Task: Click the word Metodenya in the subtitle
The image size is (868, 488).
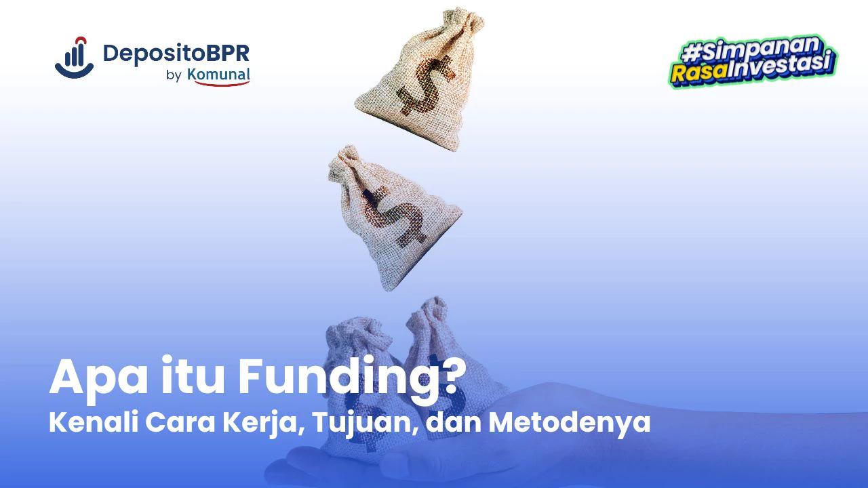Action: click(569, 422)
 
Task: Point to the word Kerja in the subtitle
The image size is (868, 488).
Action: click(257, 422)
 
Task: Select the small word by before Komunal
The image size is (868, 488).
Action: click(173, 76)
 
